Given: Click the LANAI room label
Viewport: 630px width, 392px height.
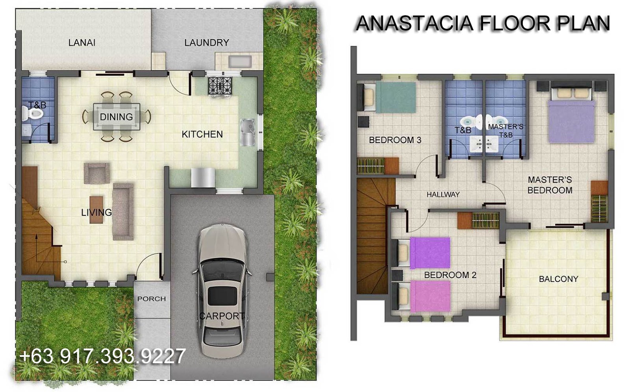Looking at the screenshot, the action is [x=82, y=43].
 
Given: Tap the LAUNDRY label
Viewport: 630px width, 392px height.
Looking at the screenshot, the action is [x=207, y=43].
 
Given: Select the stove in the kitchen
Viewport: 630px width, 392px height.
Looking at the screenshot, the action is [x=220, y=86].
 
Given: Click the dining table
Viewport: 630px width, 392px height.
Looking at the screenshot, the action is [x=117, y=117].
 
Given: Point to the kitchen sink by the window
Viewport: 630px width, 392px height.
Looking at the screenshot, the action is [x=248, y=133].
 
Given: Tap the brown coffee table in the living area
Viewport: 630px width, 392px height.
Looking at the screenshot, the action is [x=96, y=210].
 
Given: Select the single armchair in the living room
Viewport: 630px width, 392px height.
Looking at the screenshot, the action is [x=97, y=173].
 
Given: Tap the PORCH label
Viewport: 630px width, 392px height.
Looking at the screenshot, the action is [x=152, y=299].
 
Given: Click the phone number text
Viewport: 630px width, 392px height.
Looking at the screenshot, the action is [x=102, y=356].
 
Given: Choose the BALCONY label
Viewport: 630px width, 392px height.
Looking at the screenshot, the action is [x=559, y=279].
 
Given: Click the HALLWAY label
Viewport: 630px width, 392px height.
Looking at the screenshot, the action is [x=443, y=194].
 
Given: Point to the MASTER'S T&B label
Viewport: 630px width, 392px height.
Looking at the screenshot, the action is [x=506, y=131].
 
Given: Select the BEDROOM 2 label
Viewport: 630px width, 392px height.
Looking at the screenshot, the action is [x=450, y=275].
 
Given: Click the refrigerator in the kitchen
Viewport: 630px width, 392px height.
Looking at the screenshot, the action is [x=203, y=178].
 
